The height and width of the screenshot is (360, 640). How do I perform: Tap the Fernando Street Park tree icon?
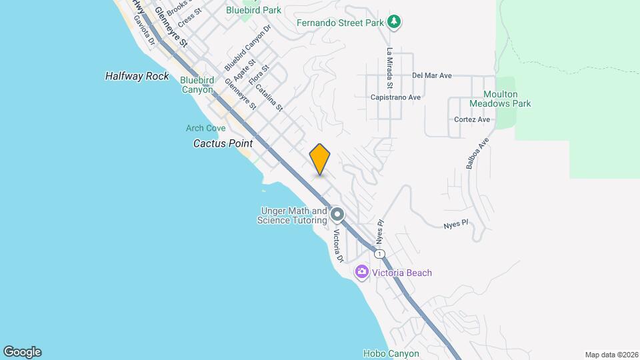(395, 22)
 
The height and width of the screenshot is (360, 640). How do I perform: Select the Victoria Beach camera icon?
(362, 271)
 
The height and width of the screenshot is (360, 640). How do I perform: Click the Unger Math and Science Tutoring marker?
(337, 215)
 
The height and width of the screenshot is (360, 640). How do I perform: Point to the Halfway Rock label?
(137, 76)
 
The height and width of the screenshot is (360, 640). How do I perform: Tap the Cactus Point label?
(223, 143)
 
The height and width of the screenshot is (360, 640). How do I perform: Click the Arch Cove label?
(205, 128)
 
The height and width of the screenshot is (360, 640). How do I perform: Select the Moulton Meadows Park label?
(499, 99)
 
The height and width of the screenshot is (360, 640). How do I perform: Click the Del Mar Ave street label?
(432, 75)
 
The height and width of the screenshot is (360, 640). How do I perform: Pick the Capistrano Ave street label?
(396, 97)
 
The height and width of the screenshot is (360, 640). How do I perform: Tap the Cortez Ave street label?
(472, 120)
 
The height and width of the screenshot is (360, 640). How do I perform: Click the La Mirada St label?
(389, 69)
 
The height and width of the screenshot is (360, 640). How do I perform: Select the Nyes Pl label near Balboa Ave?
(457, 225)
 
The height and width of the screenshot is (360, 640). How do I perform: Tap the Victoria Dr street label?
(338, 246)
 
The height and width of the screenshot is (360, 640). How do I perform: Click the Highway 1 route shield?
(379, 254)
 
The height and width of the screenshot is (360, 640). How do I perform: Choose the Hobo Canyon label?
(391, 353)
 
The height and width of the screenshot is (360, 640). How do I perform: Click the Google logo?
(22, 352)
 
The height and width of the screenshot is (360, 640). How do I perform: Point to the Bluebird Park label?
(253, 10)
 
